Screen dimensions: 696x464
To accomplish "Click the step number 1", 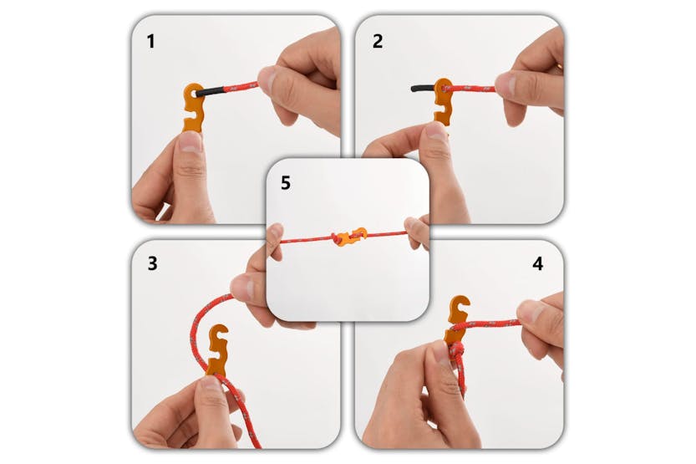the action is click(151, 41).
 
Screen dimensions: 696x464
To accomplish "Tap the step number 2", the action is click(378, 41).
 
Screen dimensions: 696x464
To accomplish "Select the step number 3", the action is click(152, 263).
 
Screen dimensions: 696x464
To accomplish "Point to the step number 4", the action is click(537, 263).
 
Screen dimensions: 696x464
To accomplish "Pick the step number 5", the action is click(286, 183).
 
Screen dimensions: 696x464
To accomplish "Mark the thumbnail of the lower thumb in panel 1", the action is click(191, 141).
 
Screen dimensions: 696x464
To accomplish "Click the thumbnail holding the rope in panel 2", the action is click(507, 83).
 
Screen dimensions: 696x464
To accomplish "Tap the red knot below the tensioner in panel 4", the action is click(457, 352).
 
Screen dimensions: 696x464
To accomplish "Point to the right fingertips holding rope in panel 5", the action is click(416, 232).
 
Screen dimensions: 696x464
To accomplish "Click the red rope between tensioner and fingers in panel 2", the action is click(473, 89).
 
